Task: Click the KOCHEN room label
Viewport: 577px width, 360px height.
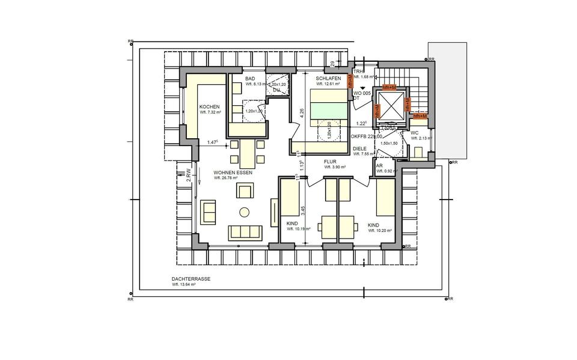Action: [210, 106]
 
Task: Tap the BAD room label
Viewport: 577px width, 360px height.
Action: [251, 79]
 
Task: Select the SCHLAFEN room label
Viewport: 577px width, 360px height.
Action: [328, 79]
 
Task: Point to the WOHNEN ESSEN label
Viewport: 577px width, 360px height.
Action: [233, 172]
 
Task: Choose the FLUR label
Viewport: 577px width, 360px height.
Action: [331, 161]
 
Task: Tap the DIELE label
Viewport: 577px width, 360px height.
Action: [360, 148]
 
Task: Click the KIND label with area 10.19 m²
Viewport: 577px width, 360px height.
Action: [292, 224]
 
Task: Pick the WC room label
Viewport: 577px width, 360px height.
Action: [415, 133]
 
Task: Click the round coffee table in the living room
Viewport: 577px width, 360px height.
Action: [245, 212]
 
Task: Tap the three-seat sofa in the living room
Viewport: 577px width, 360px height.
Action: [245, 233]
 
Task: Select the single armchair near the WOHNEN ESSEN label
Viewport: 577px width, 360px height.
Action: [245, 191]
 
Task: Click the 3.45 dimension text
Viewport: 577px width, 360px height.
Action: [303, 210]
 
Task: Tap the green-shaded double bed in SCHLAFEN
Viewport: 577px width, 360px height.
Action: [329, 105]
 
